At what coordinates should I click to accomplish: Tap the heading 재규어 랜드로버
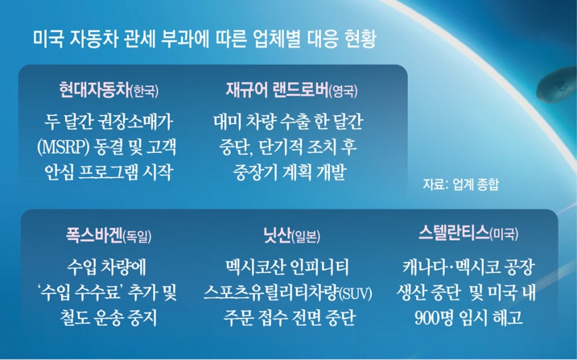pyautogui.click(x=276, y=90)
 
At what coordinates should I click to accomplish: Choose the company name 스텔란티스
pyautogui.click(x=454, y=233)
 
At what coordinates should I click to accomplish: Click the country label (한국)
pyautogui.click(x=145, y=91)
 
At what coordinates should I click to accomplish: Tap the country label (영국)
pyautogui.click(x=343, y=91)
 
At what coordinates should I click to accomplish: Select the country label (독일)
pyautogui.click(x=137, y=236)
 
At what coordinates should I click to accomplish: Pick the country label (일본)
pyautogui.click(x=306, y=236)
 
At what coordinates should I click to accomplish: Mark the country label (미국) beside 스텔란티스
pyautogui.click(x=504, y=234)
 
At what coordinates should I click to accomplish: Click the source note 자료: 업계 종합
pyautogui.click(x=461, y=184)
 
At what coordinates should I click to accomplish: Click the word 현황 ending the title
pyautogui.click(x=361, y=39)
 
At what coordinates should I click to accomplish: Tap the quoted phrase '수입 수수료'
pyautogui.click(x=81, y=293)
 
